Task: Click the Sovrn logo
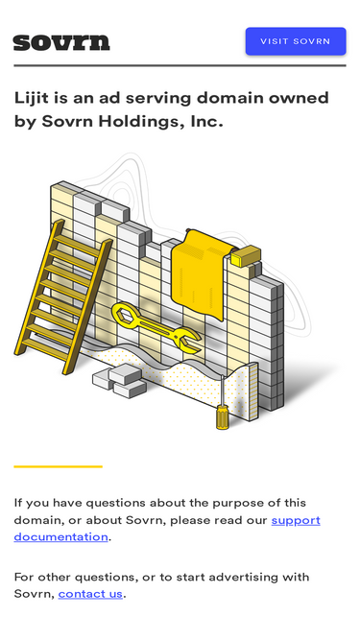(61, 42)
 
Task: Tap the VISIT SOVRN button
(296, 41)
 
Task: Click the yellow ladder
(63, 296)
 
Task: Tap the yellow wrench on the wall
(156, 327)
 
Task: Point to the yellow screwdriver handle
(223, 416)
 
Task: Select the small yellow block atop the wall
(246, 256)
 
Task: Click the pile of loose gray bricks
(119, 381)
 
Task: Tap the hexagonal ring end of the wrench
(126, 315)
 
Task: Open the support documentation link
(167, 529)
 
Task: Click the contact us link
(90, 594)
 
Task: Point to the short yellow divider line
(58, 466)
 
